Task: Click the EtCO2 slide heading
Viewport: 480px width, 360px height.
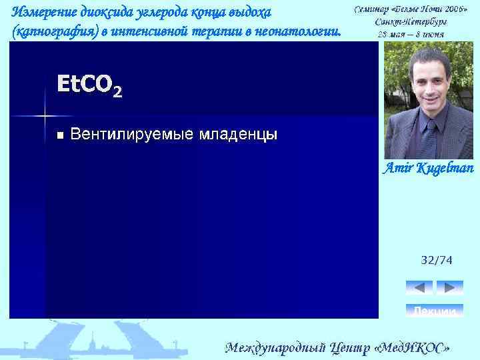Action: pyautogui.click(x=89, y=85)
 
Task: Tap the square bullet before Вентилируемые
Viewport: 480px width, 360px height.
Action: pyautogui.click(x=61, y=135)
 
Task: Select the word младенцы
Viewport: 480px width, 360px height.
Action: pyautogui.click(x=237, y=135)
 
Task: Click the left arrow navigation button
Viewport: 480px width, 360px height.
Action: pyautogui.click(x=419, y=287)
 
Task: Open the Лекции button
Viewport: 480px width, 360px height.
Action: pyautogui.click(x=434, y=311)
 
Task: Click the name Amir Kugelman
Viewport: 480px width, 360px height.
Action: pyautogui.click(x=427, y=169)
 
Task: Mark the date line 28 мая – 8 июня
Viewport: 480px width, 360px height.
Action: pyautogui.click(x=411, y=33)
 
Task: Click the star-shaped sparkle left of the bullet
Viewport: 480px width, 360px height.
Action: pyautogui.click(x=45, y=115)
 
